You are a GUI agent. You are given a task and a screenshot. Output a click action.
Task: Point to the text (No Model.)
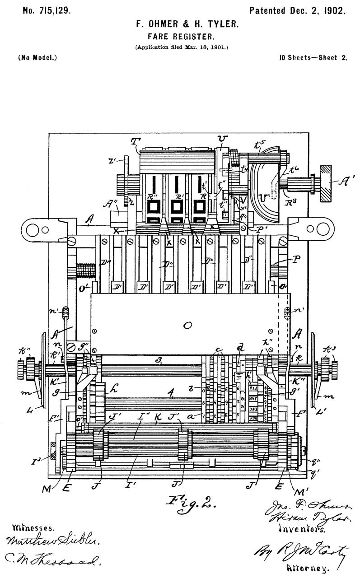(37, 58)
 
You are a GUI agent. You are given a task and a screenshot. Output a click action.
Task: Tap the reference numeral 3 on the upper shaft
(159, 360)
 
